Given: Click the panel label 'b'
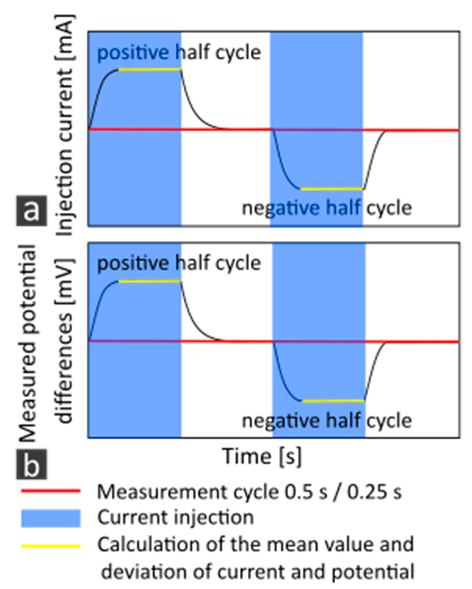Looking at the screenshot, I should (32, 464).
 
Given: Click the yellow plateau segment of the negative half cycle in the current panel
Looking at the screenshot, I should (332, 189).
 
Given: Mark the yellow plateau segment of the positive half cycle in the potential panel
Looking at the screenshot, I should (150, 281).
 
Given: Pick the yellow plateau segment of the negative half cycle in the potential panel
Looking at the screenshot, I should (333, 401).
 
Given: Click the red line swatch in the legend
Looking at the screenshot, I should (51, 491).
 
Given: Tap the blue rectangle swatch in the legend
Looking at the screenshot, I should (51, 518).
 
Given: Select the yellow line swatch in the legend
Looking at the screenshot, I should (51, 546).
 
